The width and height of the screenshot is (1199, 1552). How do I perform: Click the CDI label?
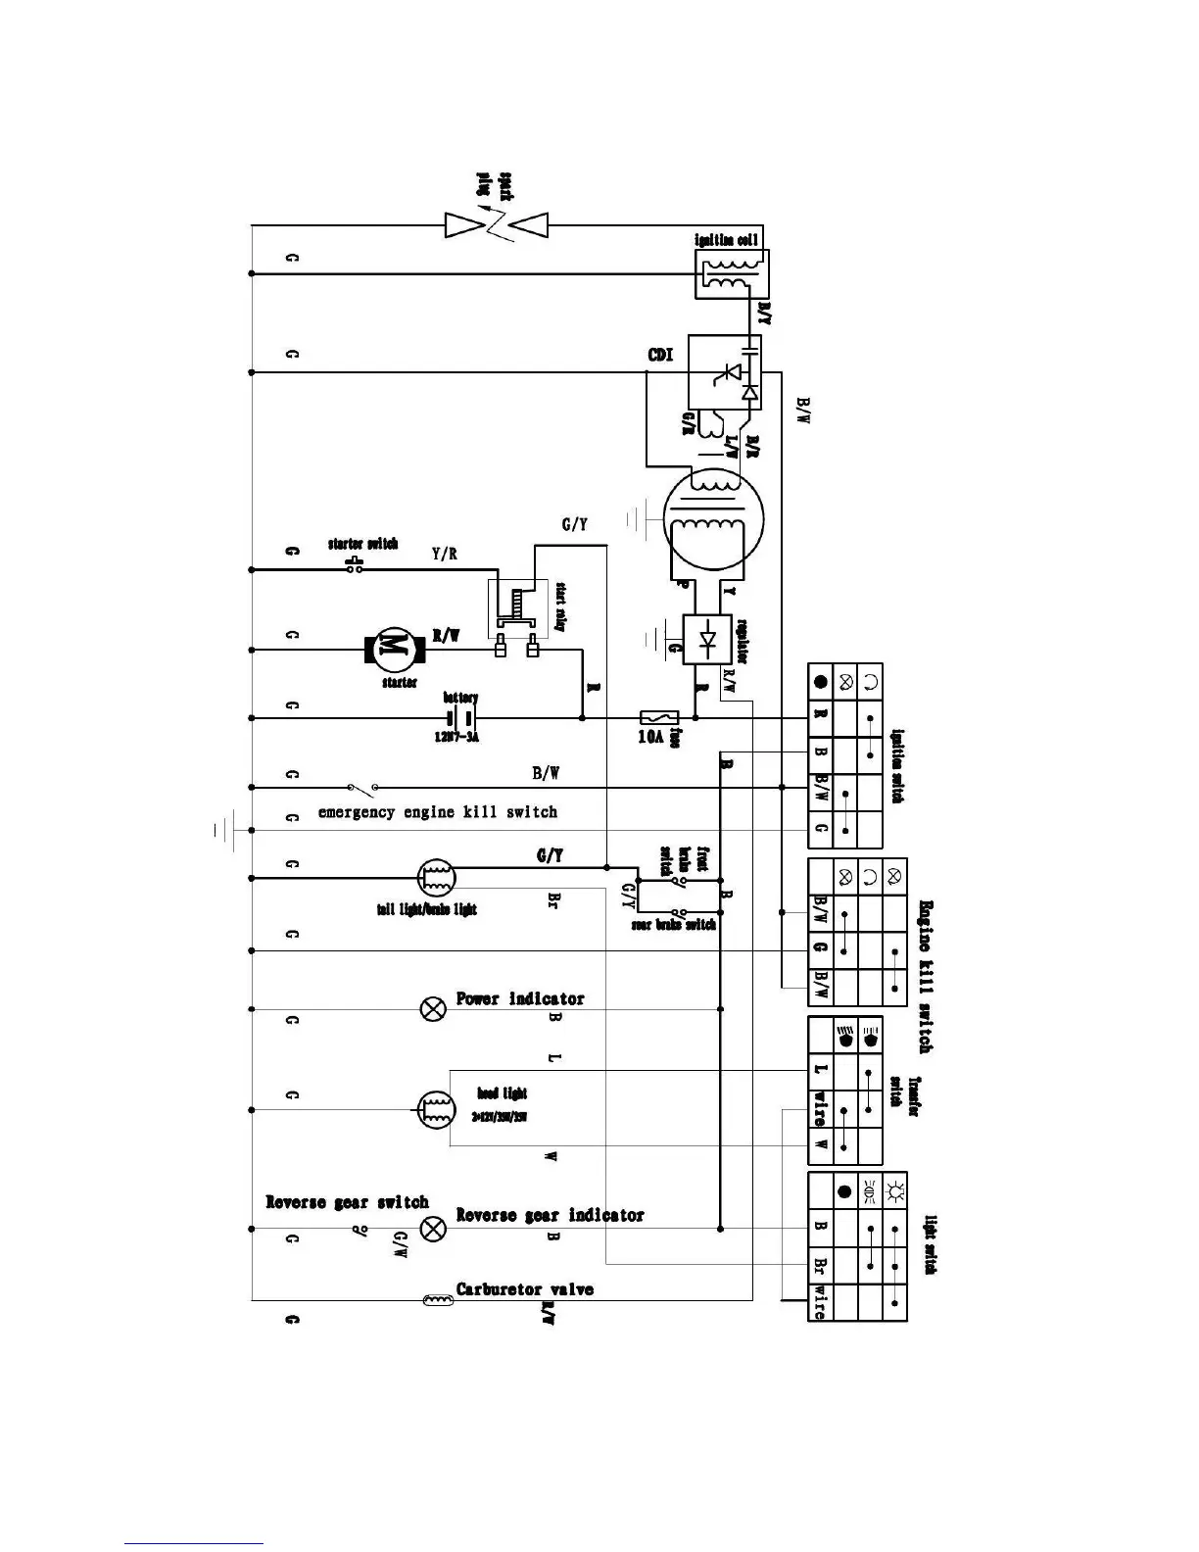tap(660, 356)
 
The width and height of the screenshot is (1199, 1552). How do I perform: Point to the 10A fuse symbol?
tap(653, 718)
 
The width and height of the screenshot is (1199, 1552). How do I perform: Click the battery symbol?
tap(460, 718)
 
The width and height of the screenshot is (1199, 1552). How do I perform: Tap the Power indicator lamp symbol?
tap(433, 1008)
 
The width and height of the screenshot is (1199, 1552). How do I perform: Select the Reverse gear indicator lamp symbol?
tap(433, 1229)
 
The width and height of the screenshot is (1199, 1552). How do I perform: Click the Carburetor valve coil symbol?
tap(437, 1300)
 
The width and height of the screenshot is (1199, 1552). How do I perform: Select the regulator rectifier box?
tap(707, 639)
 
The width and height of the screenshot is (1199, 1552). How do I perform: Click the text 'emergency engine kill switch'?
tap(438, 812)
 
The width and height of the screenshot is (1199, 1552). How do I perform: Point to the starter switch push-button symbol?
tap(356, 565)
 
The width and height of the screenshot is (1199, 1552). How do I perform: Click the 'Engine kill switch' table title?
tap(925, 976)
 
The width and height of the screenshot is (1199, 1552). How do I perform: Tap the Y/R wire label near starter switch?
tap(444, 554)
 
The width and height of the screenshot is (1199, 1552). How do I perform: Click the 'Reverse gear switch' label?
tap(347, 1202)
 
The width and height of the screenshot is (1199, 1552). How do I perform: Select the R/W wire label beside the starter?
tap(447, 636)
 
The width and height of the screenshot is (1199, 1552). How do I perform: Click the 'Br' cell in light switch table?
tap(820, 1264)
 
